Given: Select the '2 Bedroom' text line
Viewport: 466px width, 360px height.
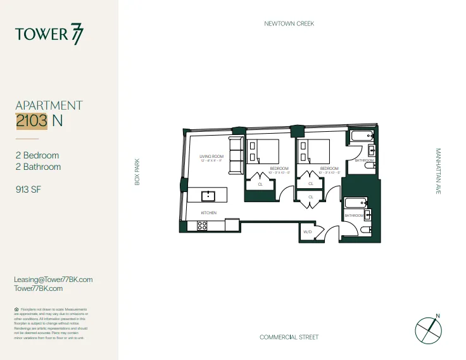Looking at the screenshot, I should [37, 155].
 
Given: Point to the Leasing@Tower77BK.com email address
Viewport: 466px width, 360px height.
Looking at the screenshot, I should [53, 280].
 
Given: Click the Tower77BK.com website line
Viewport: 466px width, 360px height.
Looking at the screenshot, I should [38, 288].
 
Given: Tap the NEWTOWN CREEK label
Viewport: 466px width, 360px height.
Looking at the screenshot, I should [289, 23].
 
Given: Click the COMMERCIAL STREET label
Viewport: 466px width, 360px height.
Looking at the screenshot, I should [289, 337].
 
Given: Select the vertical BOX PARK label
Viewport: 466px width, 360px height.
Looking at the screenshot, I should [136, 171].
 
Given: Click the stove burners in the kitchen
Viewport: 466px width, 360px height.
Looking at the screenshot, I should [202, 225].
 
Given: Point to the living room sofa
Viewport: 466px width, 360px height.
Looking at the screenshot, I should [236, 156].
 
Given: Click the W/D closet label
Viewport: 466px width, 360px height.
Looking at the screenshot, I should [308, 232].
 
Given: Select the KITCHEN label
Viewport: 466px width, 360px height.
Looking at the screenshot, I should [209, 212].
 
